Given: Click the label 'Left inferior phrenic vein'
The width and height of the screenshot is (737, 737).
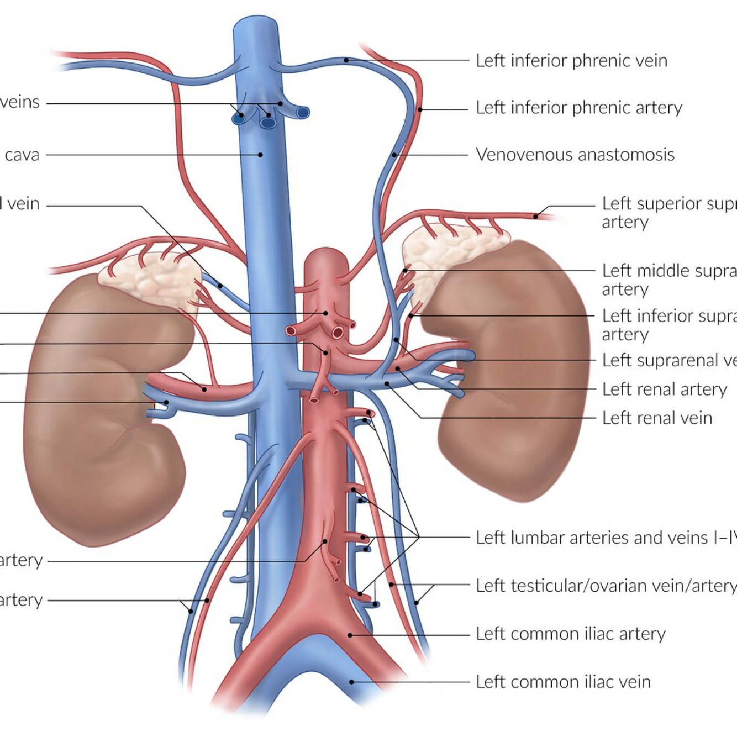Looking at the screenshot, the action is point(571,60).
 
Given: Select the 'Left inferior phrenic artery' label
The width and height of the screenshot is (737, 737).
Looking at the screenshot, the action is point(579,107).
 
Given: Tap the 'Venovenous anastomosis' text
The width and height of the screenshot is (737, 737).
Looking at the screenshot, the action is point(575,154).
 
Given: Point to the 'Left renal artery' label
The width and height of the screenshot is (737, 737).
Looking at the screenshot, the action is point(664,389).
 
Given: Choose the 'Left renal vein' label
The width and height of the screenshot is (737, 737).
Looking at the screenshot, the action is point(657,418).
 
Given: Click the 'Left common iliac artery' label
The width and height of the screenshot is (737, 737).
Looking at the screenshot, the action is point(571,634).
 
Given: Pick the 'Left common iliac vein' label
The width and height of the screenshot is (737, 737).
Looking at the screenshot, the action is point(563,682).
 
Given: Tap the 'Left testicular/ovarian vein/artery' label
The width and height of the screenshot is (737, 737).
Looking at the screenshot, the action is point(606,585).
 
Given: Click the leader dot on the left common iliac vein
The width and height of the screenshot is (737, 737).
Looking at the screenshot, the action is point(352,682).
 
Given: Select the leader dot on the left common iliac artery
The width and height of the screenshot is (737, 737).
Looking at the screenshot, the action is point(350,635).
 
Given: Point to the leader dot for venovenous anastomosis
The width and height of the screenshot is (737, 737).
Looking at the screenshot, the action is point(394,155).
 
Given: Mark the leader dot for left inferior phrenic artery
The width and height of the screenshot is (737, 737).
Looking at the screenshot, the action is point(420,109).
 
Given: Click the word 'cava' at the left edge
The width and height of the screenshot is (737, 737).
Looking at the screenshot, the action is point(22,155).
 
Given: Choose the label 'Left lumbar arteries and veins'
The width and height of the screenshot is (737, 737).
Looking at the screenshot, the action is point(605,538).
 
